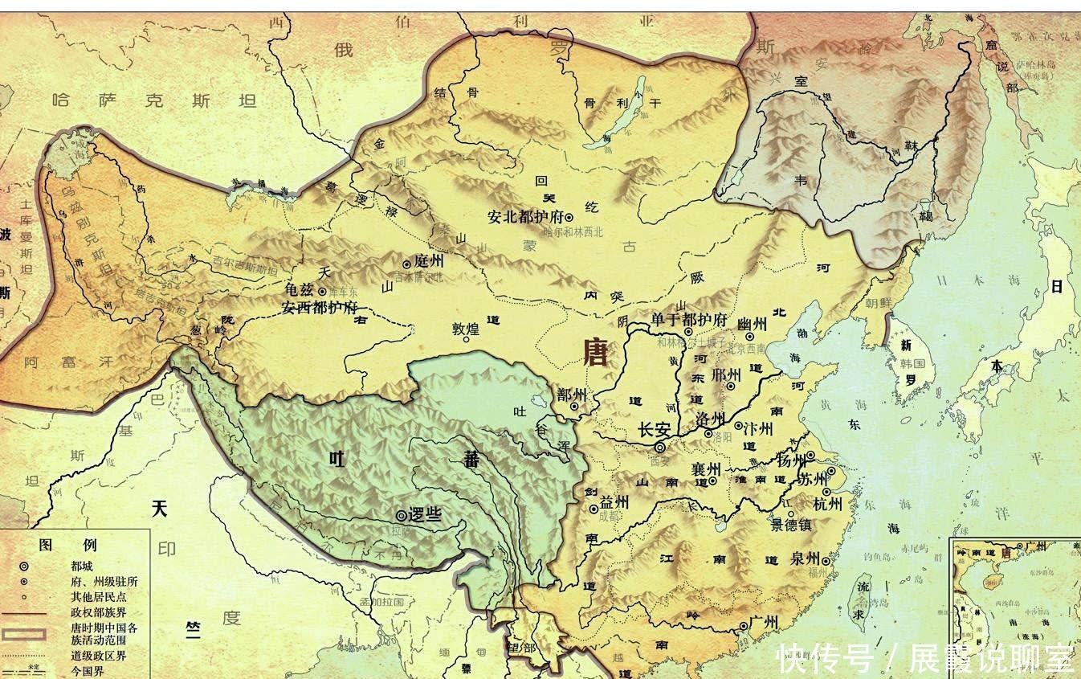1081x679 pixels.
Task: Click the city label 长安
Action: tap(652, 430)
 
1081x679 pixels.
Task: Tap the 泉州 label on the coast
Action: tap(804, 558)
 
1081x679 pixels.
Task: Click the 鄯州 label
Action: tap(571, 395)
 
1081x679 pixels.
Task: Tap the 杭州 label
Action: tap(827, 504)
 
